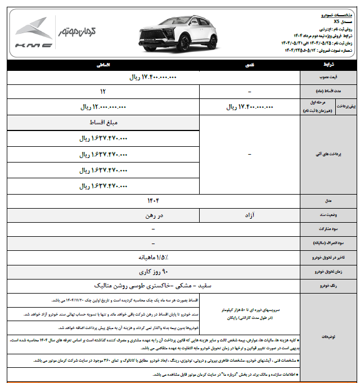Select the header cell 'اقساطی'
[103, 66]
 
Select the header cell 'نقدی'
[249, 66]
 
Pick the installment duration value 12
[103, 91]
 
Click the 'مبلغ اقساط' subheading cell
[103, 122]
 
